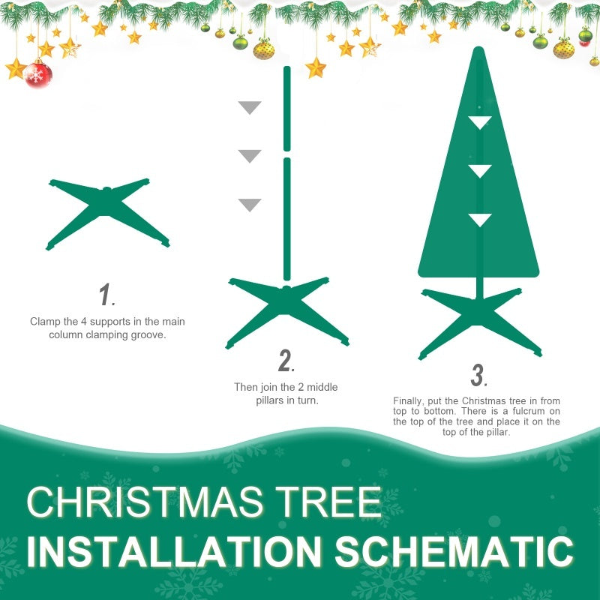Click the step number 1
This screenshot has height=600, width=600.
(106, 295)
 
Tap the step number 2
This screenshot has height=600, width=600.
(285, 361)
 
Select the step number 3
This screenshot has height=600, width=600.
(478, 375)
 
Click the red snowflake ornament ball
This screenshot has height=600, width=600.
(37, 74)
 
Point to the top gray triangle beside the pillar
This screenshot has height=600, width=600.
(249, 106)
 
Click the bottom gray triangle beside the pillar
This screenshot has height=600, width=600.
(249, 204)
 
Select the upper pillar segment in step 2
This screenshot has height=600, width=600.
(286, 109)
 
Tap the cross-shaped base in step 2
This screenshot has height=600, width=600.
(287, 310)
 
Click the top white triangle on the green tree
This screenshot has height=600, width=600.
(479, 121)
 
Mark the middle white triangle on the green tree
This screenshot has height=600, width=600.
(479, 170)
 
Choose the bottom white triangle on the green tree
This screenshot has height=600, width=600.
(479, 219)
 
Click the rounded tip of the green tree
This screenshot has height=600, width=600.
(478, 54)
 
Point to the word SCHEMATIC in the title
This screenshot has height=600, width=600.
(454, 552)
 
